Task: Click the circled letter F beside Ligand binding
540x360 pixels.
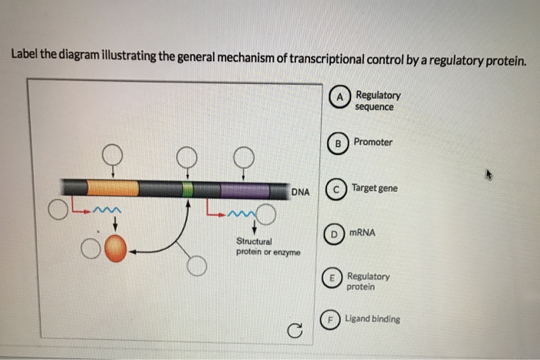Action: point(329,319)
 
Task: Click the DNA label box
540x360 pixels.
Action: point(300,191)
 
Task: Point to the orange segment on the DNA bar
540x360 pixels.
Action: point(113,188)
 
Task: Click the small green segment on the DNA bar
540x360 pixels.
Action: point(187,189)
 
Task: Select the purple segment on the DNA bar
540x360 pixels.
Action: point(244,190)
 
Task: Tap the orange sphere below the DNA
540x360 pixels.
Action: point(115,250)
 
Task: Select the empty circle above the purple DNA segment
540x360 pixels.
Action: point(245,156)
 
